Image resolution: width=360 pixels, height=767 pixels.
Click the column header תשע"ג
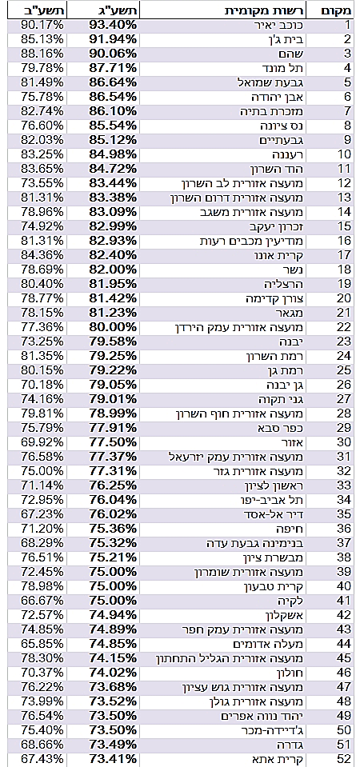click(x=115, y=10)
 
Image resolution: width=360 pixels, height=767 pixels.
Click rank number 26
click(x=345, y=385)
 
